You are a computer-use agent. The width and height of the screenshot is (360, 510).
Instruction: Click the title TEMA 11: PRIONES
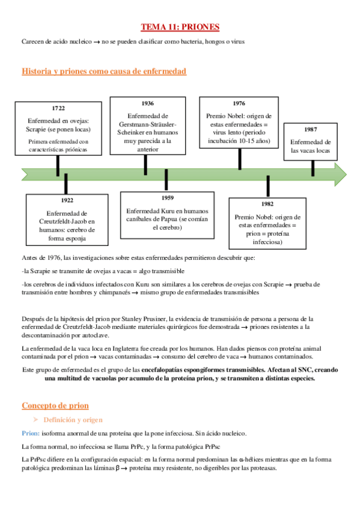[x=180, y=27]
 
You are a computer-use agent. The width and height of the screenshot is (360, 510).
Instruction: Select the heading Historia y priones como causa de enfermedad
[x=104, y=72]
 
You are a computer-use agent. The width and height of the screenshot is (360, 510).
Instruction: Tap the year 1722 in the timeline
[x=58, y=108]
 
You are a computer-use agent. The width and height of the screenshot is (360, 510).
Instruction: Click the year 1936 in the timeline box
[x=147, y=103]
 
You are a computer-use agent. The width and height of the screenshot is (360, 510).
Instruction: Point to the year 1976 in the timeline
[x=239, y=103]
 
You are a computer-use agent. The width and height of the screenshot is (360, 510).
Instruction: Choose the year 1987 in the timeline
[x=311, y=129]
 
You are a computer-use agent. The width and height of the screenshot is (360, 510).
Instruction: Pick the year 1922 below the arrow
[x=67, y=200]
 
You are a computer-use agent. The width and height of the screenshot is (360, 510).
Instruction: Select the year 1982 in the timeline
[x=267, y=204]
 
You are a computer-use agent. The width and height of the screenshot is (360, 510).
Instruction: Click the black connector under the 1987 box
[x=313, y=168]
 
